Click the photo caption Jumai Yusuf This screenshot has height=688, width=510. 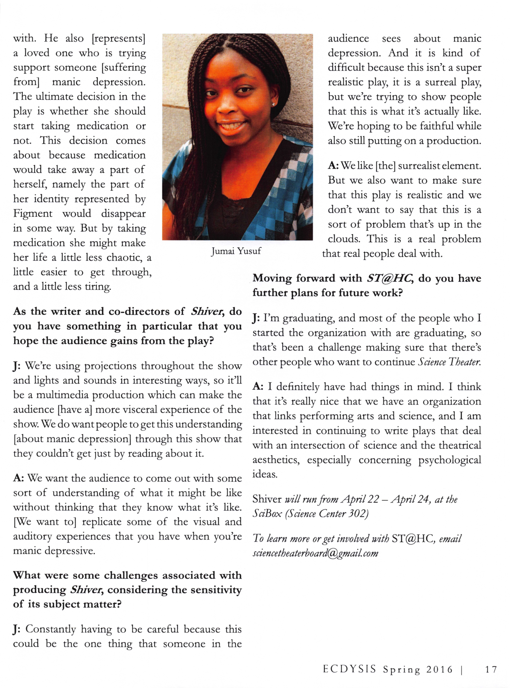(x=236, y=251)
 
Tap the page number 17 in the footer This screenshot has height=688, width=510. (x=491, y=669)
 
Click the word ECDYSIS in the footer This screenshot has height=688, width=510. (x=349, y=669)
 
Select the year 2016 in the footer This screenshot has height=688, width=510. (x=440, y=669)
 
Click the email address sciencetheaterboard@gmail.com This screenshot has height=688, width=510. (x=315, y=553)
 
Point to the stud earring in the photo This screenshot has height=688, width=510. (x=273, y=104)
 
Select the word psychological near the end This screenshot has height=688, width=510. (x=449, y=460)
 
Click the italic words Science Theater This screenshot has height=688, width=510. (x=449, y=362)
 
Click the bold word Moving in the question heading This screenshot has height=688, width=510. (x=272, y=278)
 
